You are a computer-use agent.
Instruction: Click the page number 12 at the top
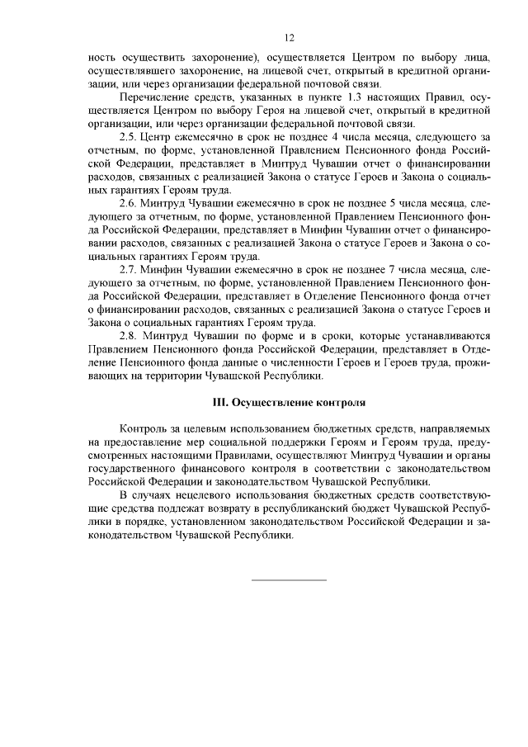[x=289, y=38]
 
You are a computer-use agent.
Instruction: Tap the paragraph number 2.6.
[x=128, y=203]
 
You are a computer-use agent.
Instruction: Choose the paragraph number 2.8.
[x=128, y=337]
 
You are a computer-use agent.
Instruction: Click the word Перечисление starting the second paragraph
[x=155, y=97]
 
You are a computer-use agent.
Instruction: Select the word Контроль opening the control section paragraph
[x=144, y=430]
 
